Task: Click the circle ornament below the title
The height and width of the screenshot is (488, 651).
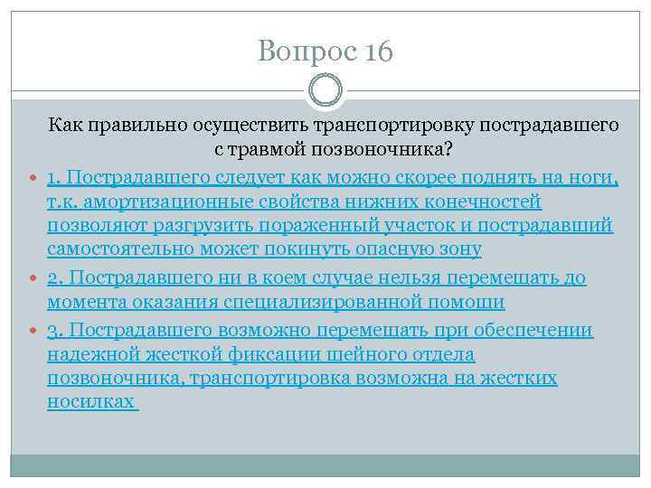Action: click(x=325, y=89)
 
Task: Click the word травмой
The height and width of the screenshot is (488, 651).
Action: click(x=279, y=147)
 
